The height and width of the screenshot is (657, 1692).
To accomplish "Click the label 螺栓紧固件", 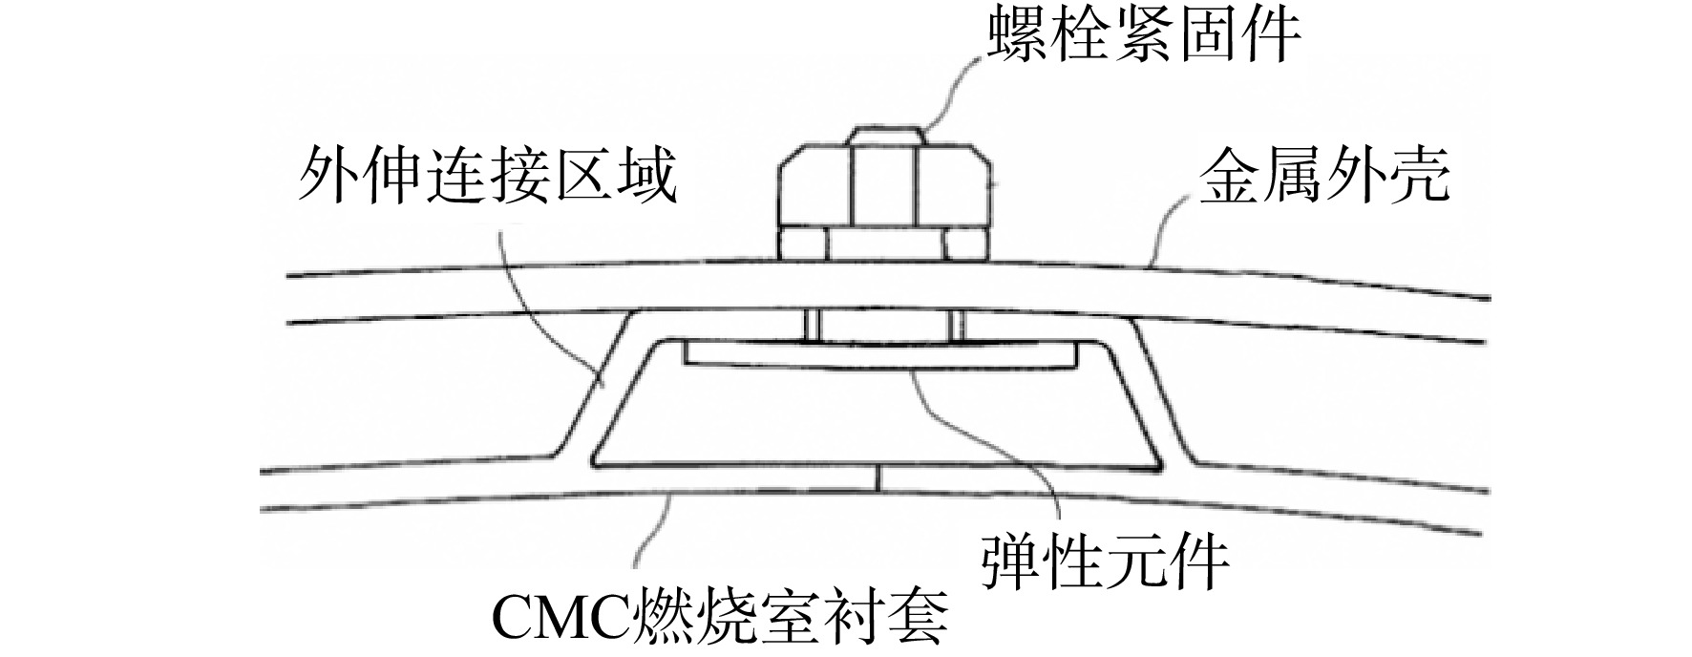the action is pyautogui.click(x=1143, y=35).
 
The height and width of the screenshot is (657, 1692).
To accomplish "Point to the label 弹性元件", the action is pyautogui.click(x=1105, y=562).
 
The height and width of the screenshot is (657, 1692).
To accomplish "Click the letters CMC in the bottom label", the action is pyautogui.click(x=557, y=620).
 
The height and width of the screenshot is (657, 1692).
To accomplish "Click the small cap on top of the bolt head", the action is pyautogui.click(x=884, y=136).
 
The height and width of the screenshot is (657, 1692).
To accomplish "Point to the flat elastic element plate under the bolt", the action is pyautogui.click(x=882, y=355).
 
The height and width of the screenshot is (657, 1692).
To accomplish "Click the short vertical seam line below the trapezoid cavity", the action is pyautogui.click(x=879, y=478).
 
